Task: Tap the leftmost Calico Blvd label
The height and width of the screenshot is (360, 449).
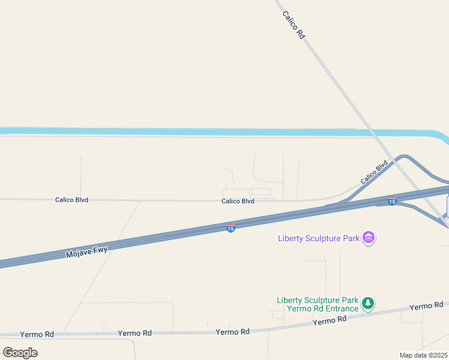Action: [x=71, y=200]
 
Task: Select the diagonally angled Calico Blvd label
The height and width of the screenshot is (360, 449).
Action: [x=374, y=173]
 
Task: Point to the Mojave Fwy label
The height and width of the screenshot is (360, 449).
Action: [x=86, y=252]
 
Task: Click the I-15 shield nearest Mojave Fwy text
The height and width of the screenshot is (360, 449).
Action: [x=231, y=228]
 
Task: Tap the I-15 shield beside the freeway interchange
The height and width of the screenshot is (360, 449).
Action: [x=392, y=200]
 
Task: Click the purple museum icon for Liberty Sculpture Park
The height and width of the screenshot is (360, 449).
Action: [x=369, y=238]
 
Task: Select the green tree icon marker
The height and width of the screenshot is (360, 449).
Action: [x=369, y=304]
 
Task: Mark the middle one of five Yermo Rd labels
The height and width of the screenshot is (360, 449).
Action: [x=232, y=331]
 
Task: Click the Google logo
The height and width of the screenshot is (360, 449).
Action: [x=20, y=352]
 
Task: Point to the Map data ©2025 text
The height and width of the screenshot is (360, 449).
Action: [x=424, y=355]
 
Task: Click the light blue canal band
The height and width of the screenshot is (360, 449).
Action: [x=180, y=131]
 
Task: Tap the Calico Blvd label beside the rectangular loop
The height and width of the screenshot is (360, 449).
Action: [x=238, y=201]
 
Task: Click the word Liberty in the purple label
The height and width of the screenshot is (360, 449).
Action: [x=290, y=238]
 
